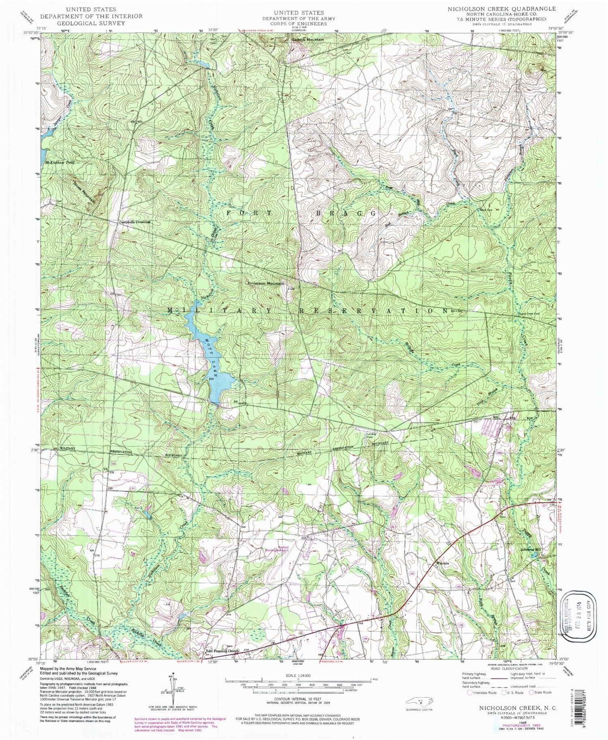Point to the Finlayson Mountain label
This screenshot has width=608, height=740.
(266, 284)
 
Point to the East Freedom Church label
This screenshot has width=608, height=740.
(219, 651)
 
